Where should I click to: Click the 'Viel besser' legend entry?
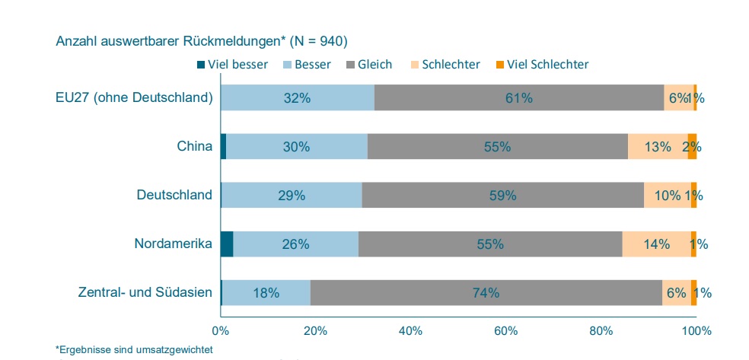click(x=232, y=65)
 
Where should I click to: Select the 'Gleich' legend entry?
click(x=369, y=65)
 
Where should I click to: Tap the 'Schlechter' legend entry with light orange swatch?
click(x=445, y=65)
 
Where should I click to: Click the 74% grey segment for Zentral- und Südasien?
click(x=486, y=293)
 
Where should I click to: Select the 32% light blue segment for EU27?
click(x=298, y=97)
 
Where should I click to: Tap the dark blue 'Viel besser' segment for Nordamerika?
click(x=226, y=244)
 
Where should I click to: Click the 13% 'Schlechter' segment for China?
click(x=657, y=146)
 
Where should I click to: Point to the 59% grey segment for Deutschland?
click(x=502, y=195)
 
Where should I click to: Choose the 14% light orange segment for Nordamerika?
click(x=655, y=244)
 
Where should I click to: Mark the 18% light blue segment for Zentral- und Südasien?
click(x=266, y=293)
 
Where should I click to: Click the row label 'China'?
click(x=194, y=146)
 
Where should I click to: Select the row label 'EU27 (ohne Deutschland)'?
click(x=134, y=97)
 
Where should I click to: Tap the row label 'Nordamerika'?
click(x=173, y=244)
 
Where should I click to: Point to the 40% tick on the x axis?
click(x=410, y=331)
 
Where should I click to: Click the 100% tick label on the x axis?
click(x=696, y=331)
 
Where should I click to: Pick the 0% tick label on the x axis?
click(x=220, y=331)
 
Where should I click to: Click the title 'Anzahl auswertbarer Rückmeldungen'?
click(x=202, y=40)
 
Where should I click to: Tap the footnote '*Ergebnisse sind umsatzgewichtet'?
click(x=133, y=349)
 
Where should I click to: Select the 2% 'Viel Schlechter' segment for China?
click(x=692, y=146)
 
